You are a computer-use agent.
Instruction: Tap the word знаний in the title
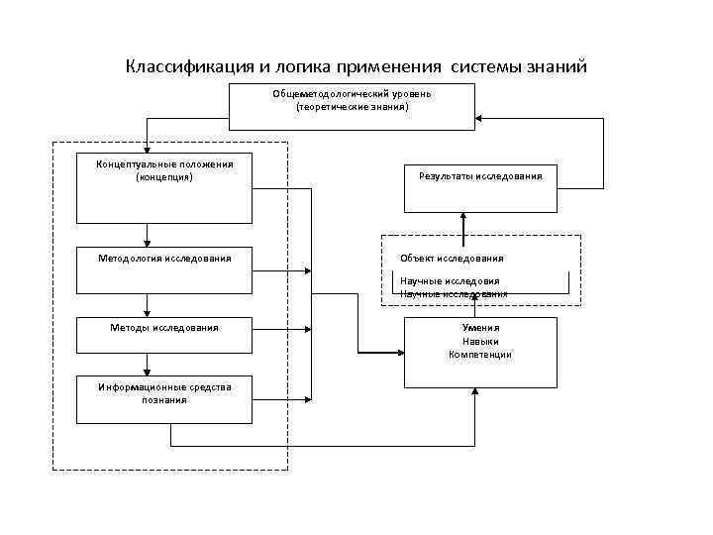556,67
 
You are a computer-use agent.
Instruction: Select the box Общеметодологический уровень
352,107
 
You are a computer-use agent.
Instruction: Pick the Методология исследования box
164,269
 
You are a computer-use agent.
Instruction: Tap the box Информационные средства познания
164,398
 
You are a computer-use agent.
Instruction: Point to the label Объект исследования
452,259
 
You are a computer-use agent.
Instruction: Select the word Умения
480,327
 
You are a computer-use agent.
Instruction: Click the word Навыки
480,341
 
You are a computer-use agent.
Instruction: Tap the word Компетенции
480,354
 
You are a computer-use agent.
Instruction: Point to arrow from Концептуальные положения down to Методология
147,234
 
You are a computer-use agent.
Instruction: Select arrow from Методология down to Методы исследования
147,305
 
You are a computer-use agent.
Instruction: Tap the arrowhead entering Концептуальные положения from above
147,149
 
